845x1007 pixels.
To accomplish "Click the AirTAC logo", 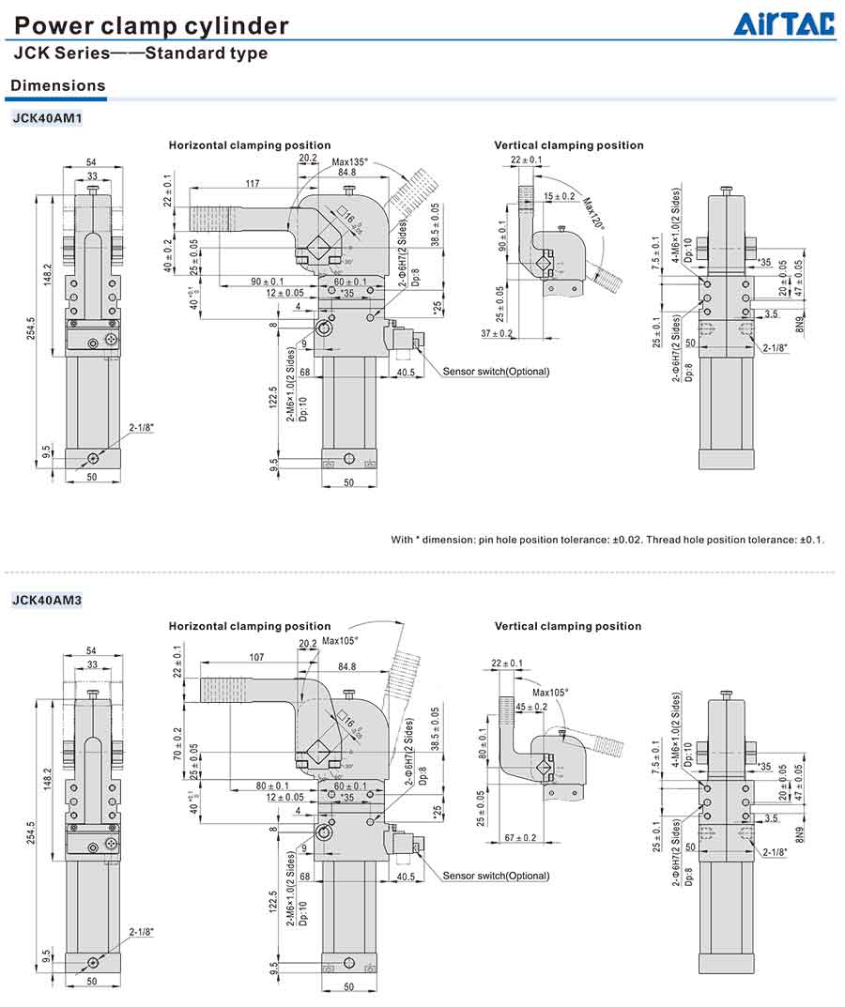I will click(783, 23).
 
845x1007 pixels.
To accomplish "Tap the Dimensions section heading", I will click(57, 85).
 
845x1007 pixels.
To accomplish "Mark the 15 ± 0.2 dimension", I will click(560, 196).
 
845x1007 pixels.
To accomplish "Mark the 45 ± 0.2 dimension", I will click(531, 707).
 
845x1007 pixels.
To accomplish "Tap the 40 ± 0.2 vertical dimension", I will click(168, 256).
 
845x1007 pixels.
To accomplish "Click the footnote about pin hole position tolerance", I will click(607, 540).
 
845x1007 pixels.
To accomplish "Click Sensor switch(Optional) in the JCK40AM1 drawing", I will click(496, 372).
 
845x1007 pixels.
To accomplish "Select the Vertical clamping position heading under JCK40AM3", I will click(568, 626).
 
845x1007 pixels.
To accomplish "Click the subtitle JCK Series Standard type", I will click(141, 53).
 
